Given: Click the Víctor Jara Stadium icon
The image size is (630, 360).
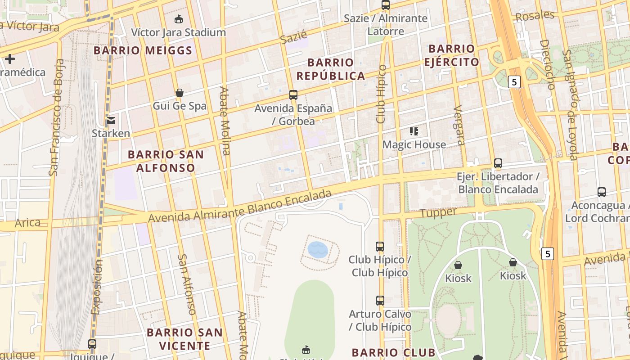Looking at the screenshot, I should point(179,19).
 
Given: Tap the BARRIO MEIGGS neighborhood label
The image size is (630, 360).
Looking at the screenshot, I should point(143,50).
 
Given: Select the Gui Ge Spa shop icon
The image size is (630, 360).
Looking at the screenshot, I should point(180,93).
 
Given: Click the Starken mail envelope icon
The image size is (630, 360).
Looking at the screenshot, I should point(111,120).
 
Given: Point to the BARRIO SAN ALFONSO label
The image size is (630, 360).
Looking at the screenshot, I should point(166,161).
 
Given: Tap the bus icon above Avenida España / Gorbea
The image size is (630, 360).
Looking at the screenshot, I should point(293,94).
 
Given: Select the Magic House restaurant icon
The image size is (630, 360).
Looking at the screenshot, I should point(414,131).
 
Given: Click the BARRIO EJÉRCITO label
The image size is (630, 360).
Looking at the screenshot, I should point(451,55).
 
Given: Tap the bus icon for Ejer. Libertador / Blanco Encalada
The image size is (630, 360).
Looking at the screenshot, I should point(498,163).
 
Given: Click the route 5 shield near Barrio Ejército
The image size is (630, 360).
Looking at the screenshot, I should point(515,82).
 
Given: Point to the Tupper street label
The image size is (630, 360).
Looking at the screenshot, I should point(438,212).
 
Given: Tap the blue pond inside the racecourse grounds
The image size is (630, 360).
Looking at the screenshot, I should point(318,249).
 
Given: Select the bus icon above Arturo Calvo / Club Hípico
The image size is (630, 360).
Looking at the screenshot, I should point(380,300).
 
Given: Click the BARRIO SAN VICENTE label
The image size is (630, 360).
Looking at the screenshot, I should point(184,339).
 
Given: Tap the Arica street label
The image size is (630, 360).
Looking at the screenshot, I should point(27,222).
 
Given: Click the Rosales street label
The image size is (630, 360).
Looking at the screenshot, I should point(535,16).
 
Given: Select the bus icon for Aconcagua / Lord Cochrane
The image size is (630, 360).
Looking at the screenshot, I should point(601,192).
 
